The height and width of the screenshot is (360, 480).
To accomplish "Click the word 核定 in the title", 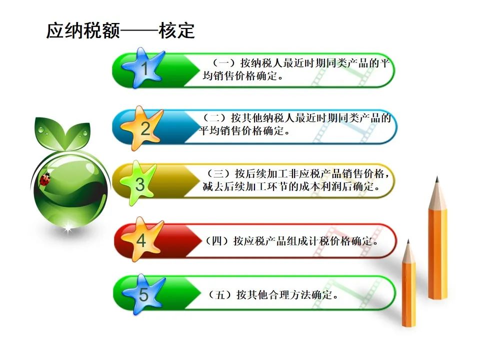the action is click(176, 30).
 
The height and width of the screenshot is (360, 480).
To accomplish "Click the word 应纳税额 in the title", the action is click(83, 30).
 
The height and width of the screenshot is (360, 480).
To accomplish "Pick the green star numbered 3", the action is click(139, 183).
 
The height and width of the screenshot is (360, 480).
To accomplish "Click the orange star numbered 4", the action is click(141, 239).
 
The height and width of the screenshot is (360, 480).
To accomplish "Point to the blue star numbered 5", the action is click(143, 294).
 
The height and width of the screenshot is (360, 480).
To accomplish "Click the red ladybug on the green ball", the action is click(44, 179).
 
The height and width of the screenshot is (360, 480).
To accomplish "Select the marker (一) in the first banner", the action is click(224, 63).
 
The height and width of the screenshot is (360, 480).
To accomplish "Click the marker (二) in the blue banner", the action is click(214, 118).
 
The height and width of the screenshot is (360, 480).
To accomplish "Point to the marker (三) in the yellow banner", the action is click(218, 173).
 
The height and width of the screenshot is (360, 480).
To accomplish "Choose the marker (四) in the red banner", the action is click(217, 241).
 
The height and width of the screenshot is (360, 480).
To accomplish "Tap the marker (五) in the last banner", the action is click(220, 295).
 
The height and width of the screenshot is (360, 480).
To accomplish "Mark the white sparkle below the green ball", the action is click(67, 228).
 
